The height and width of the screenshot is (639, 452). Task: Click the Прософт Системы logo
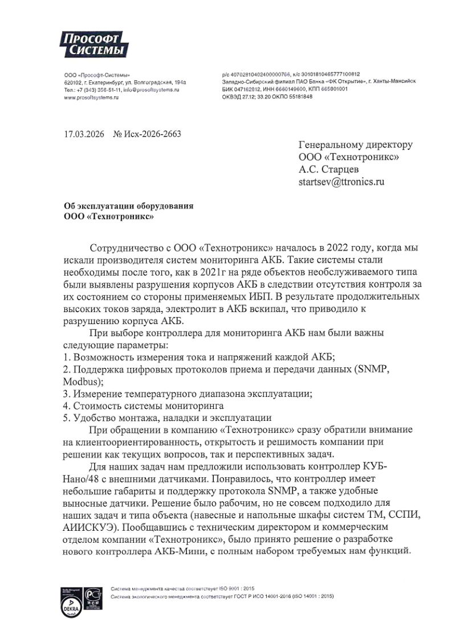coord(93,44)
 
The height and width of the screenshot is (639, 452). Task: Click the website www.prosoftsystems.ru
coord(91,97)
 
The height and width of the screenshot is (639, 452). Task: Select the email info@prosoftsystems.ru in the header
coord(151,90)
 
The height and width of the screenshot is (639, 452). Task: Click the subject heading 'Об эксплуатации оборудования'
coord(128,206)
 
